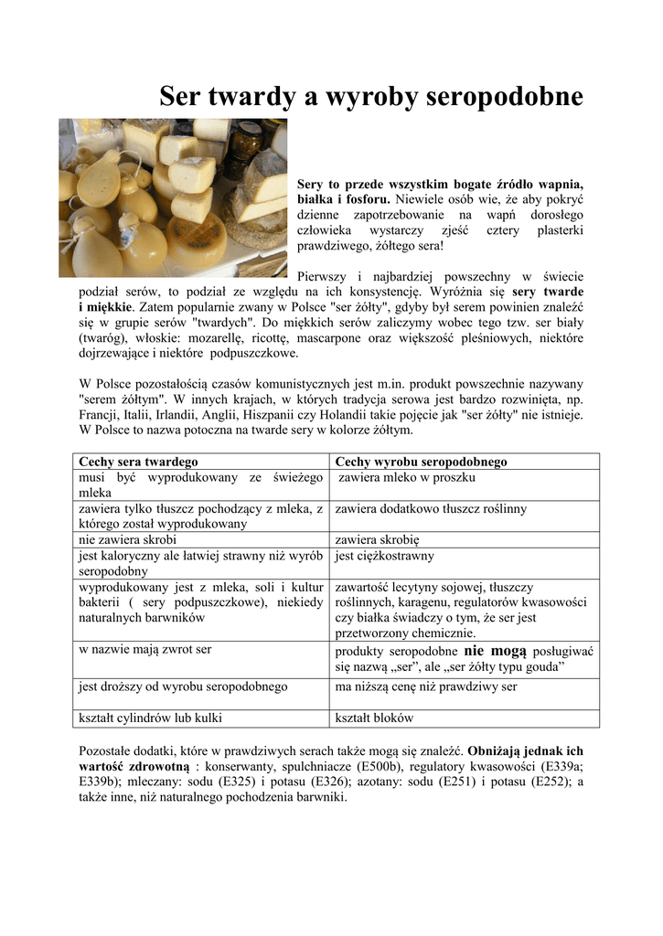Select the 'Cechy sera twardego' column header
pos(139,462)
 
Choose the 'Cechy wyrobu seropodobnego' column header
pos(422,462)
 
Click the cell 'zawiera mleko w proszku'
pos(407,477)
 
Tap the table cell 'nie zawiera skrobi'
pos(127,539)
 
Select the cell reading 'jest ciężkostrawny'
pos(384,555)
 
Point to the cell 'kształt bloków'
pos(375,718)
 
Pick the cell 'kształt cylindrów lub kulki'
pos(151,718)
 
